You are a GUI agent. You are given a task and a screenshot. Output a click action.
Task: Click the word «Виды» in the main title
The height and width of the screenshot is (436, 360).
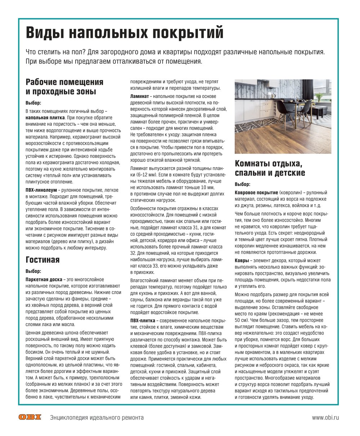44,33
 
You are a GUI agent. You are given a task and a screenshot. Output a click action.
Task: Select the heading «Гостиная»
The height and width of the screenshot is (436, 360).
42,260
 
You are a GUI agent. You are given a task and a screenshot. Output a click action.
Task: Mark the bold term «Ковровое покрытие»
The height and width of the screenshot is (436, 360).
256,192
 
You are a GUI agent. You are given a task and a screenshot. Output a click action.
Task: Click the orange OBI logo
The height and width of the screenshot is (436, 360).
30,417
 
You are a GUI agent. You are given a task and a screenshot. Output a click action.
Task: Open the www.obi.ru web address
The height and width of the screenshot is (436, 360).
325,418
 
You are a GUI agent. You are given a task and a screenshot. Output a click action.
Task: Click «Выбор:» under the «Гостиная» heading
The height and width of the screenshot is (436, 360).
33,271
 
